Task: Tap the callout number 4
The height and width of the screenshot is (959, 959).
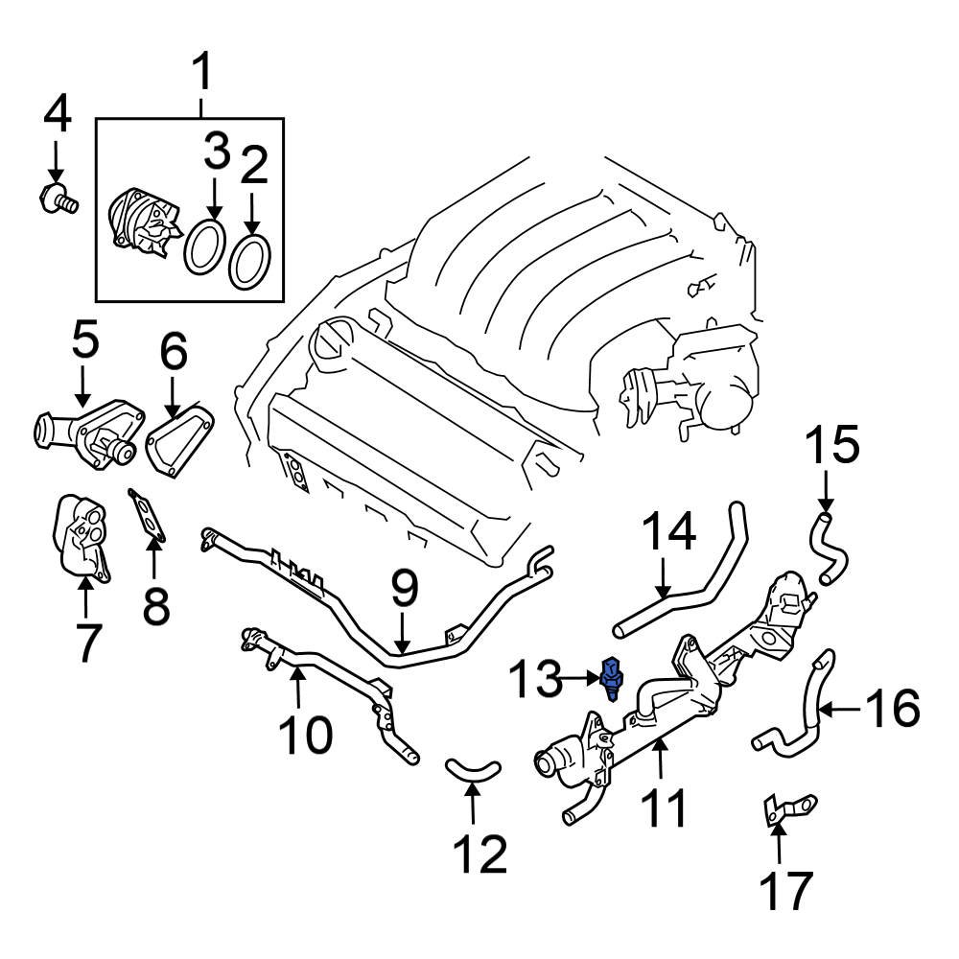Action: click(57, 115)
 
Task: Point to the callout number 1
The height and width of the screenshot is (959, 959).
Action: click(203, 72)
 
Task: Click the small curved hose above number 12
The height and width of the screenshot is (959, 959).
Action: click(473, 766)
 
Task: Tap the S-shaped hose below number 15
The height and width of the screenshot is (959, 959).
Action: click(827, 547)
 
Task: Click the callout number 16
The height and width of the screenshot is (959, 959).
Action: click(891, 710)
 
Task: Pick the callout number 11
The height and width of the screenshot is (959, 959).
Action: click(662, 807)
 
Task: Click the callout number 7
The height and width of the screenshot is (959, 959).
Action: click(85, 642)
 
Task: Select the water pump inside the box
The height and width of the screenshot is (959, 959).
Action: click(141, 223)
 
